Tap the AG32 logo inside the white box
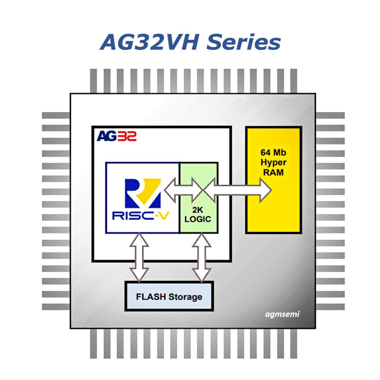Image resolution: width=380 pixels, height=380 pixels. (117, 136)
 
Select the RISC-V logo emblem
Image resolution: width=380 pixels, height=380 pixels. (143, 193)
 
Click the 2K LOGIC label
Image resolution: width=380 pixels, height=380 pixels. (198, 214)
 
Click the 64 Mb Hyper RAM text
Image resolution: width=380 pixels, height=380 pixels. (273, 162)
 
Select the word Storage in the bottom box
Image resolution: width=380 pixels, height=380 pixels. (185, 297)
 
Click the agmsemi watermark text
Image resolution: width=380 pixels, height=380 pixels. (282, 314)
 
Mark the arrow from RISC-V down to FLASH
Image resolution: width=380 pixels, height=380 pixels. (139, 257)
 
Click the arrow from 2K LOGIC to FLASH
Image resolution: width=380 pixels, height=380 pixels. (202, 257)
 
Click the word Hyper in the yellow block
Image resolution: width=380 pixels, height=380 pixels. (273, 162)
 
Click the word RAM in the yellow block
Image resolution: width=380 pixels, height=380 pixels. (273, 172)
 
